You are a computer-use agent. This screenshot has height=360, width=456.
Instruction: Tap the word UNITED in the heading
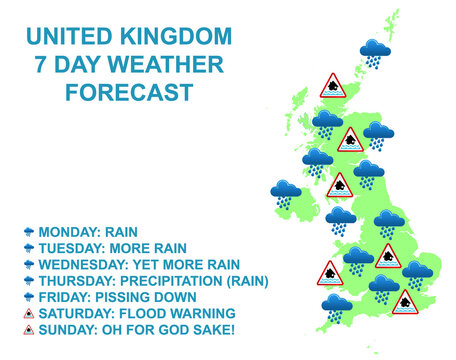click(x=62, y=38)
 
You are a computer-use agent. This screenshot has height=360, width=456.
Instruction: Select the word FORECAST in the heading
click(x=129, y=94)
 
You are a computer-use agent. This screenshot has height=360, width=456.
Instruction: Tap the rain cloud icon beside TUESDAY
click(x=29, y=248)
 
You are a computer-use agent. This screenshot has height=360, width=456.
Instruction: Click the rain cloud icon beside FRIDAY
click(x=29, y=297)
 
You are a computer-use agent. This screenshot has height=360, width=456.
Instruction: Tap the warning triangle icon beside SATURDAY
click(x=29, y=313)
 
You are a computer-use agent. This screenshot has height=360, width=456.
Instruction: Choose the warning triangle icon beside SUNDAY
click(x=29, y=330)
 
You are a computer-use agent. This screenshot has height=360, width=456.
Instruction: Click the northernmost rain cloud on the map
click(x=376, y=51)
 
